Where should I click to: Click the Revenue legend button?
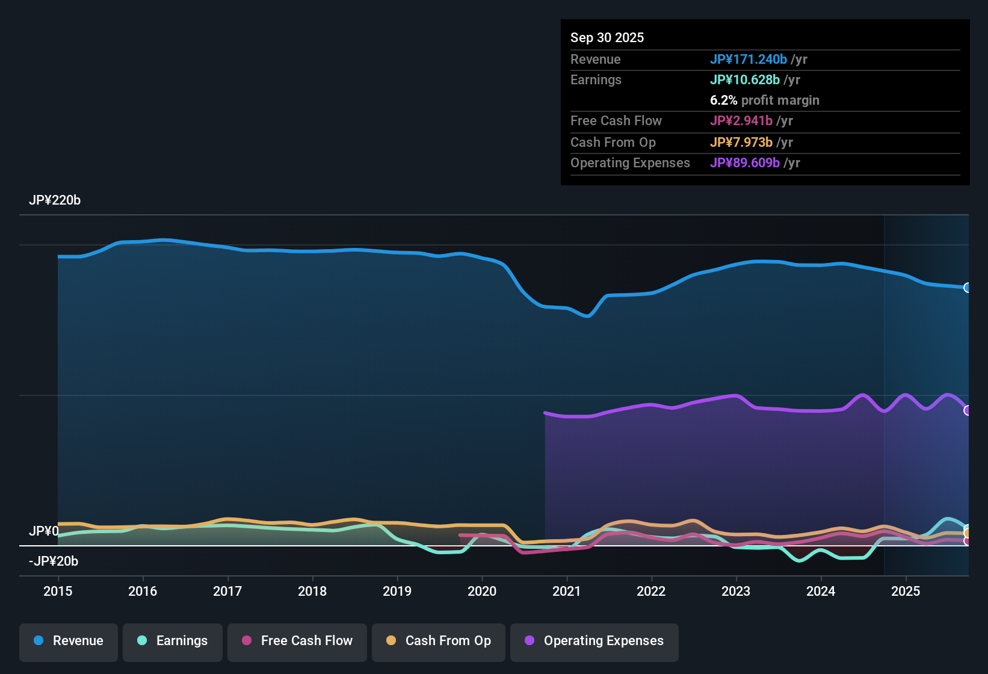tap(68, 641)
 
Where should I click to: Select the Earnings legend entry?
tap(172, 641)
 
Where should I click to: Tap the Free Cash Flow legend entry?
tap(297, 641)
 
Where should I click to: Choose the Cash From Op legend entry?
tap(438, 641)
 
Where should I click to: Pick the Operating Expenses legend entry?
tap(594, 641)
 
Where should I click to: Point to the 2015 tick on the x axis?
tap(58, 591)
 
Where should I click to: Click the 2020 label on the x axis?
tap(482, 591)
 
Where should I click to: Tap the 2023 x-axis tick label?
tap(736, 591)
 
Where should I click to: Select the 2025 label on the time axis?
tap(906, 591)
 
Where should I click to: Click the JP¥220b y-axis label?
tap(55, 200)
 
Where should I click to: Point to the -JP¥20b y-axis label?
tap(54, 561)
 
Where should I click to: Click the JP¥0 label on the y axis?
tap(43, 531)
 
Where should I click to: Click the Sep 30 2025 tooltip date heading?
tap(607, 37)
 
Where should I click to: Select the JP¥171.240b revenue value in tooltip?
tap(748, 59)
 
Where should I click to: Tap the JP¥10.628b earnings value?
tap(744, 79)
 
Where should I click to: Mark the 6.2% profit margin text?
tap(764, 100)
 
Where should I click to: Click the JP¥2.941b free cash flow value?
tap(741, 120)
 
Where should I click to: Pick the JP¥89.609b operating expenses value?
tap(744, 162)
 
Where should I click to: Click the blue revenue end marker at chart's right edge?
tap(968, 288)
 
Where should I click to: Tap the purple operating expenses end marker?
tap(968, 410)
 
